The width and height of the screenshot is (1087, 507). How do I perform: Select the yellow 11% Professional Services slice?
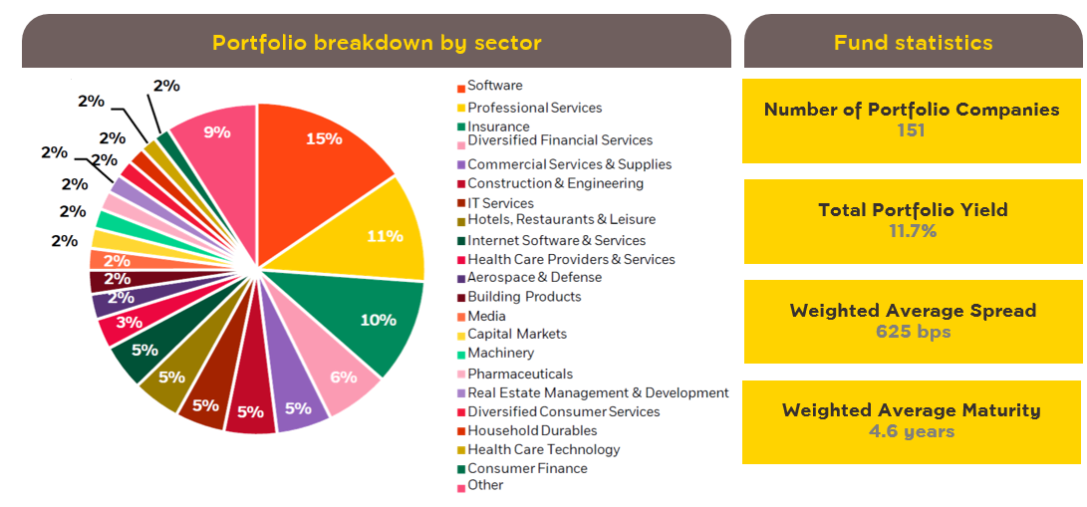[x=385, y=236]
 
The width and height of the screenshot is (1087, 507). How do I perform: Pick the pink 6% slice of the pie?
[x=344, y=378]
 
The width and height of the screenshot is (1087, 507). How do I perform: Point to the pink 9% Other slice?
[x=217, y=131]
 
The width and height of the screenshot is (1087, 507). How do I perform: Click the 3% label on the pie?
[x=128, y=322]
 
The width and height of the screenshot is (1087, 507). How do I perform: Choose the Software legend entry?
[x=494, y=86]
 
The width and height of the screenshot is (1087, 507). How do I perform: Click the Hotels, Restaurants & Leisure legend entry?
[x=561, y=220]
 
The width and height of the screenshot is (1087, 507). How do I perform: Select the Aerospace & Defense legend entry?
[x=534, y=277]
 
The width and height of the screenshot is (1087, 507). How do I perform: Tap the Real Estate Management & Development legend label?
[x=598, y=392]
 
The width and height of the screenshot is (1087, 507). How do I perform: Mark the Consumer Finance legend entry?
[x=527, y=468]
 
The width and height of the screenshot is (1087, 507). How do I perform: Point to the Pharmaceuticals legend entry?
[x=519, y=374]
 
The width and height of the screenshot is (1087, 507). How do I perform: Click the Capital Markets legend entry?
[x=516, y=334]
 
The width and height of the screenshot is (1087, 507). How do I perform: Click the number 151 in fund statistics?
[x=912, y=130]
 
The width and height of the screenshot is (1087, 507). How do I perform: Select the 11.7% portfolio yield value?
[x=912, y=231]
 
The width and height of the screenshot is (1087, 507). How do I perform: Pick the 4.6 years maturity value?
[x=912, y=431]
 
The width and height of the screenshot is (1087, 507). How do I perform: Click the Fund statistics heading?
[x=913, y=43]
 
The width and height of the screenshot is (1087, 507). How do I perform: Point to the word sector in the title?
[x=507, y=43]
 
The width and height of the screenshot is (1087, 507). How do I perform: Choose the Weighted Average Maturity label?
[x=912, y=409]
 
